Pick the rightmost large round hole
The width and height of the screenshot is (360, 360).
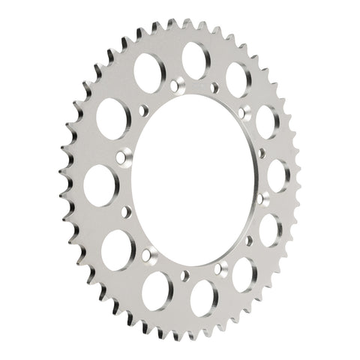tap(278, 175)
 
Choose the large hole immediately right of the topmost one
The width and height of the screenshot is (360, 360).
tap(238, 78)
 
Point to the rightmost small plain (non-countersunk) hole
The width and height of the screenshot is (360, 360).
tap(261, 154)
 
